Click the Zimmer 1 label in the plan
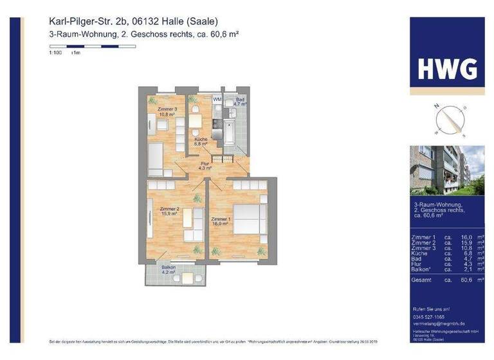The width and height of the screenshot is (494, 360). pyautogui.click(x=221, y=221)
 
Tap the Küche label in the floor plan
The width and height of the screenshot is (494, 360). pyautogui.click(x=201, y=141)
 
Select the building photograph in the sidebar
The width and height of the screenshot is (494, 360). pyautogui.click(x=447, y=171)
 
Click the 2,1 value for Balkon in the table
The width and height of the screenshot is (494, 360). pyautogui.click(x=458, y=269)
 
